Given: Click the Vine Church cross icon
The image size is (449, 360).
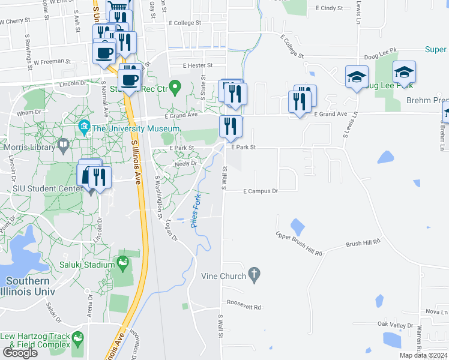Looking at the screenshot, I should [254, 275].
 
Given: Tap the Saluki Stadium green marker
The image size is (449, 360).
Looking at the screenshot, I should [123, 262].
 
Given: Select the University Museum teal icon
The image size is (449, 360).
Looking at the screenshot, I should [83, 128].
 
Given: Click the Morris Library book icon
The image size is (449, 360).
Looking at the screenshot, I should [63, 145].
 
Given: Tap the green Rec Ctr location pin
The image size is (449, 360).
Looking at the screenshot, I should [175, 88].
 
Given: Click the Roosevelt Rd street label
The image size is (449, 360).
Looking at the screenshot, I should [244, 307].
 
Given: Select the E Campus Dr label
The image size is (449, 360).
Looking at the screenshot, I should [261, 191].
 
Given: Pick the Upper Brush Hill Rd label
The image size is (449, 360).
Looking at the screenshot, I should [299, 244].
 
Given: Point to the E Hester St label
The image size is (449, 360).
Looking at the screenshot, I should [190, 65].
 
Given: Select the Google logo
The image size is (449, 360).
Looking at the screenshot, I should [20, 353].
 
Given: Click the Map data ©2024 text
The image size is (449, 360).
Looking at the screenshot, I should [424, 355].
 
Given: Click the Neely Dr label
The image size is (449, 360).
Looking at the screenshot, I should [185, 163].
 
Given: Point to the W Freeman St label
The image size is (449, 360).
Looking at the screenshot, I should [53, 62].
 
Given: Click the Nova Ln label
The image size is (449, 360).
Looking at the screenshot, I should [436, 312].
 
